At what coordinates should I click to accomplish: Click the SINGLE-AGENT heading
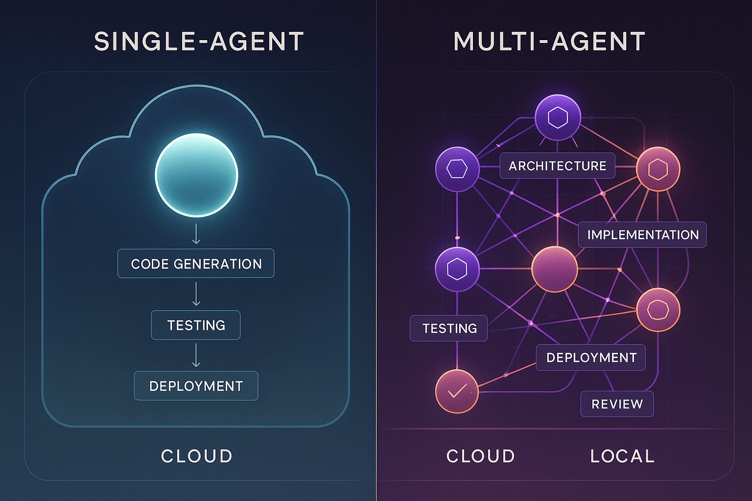tap(199, 42)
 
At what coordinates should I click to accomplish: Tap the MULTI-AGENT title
tap(549, 42)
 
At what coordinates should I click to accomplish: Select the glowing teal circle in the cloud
tap(196, 175)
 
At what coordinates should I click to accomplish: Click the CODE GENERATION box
tap(196, 264)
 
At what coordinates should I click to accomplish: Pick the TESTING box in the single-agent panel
tap(196, 325)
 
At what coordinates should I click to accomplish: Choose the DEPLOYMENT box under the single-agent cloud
tap(196, 386)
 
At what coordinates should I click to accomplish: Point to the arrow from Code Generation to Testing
tap(196, 294)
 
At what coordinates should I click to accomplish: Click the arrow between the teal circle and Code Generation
tap(196, 234)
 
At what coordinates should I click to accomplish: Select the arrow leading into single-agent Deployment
tap(196, 355)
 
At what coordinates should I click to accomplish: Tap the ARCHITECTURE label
tap(557, 166)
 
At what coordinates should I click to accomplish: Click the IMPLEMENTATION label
tap(642, 235)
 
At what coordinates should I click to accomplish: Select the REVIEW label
tap(617, 404)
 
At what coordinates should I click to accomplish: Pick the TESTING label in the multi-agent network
tap(449, 328)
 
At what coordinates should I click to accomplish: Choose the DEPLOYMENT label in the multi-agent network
tap(591, 358)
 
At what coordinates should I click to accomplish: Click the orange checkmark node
tap(457, 391)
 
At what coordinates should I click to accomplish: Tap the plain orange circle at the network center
tap(555, 269)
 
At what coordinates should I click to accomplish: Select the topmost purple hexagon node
tap(558, 118)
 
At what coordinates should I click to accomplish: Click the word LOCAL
tap(622, 456)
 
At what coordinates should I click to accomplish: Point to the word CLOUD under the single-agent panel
tap(196, 456)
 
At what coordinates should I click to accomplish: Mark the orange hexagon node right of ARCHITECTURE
tap(658, 169)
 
